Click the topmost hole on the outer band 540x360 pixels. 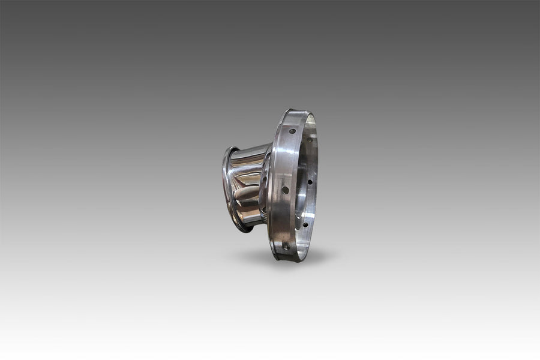pos(292,131)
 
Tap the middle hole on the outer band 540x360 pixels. pos(285,190)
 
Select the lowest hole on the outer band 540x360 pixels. pos(286,245)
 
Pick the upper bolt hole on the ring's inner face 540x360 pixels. pos(310,139)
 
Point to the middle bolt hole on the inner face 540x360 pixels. pos(310,181)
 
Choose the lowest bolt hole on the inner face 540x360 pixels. pos(305,225)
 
